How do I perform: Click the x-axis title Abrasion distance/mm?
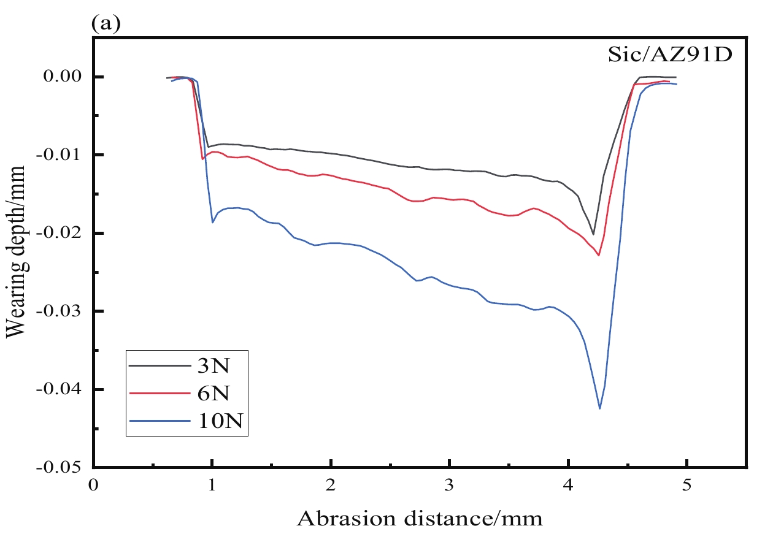[420, 519]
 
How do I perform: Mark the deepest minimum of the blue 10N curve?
[599, 408]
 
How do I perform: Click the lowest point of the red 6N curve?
[599, 255]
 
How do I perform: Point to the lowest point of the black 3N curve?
[593, 234]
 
